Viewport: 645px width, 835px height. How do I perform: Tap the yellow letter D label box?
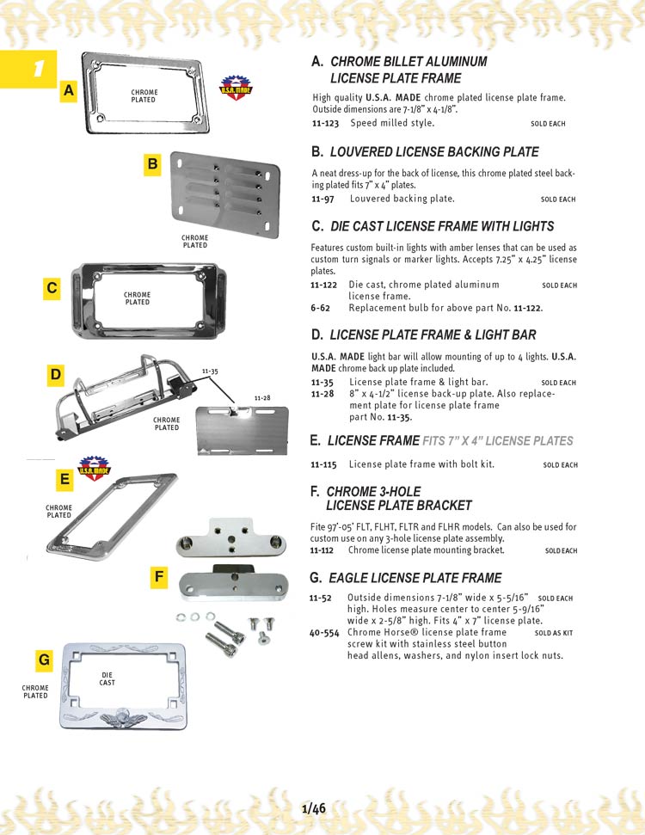[56, 375]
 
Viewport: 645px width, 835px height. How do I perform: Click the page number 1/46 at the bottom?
[314, 808]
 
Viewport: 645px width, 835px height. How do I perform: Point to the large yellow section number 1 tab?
[29, 69]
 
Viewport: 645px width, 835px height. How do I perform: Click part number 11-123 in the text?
[325, 123]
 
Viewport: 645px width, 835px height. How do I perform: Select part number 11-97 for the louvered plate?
[322, 199]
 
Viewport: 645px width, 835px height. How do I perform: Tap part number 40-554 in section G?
[325, 631]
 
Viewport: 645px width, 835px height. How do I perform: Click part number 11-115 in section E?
[325, 464]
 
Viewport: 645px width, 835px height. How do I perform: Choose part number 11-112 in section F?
[322, 550]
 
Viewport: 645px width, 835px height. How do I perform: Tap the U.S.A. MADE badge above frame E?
[93, 468]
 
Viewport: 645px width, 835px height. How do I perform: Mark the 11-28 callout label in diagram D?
[262, 397]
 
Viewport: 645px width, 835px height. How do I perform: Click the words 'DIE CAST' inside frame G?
[107, 678]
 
